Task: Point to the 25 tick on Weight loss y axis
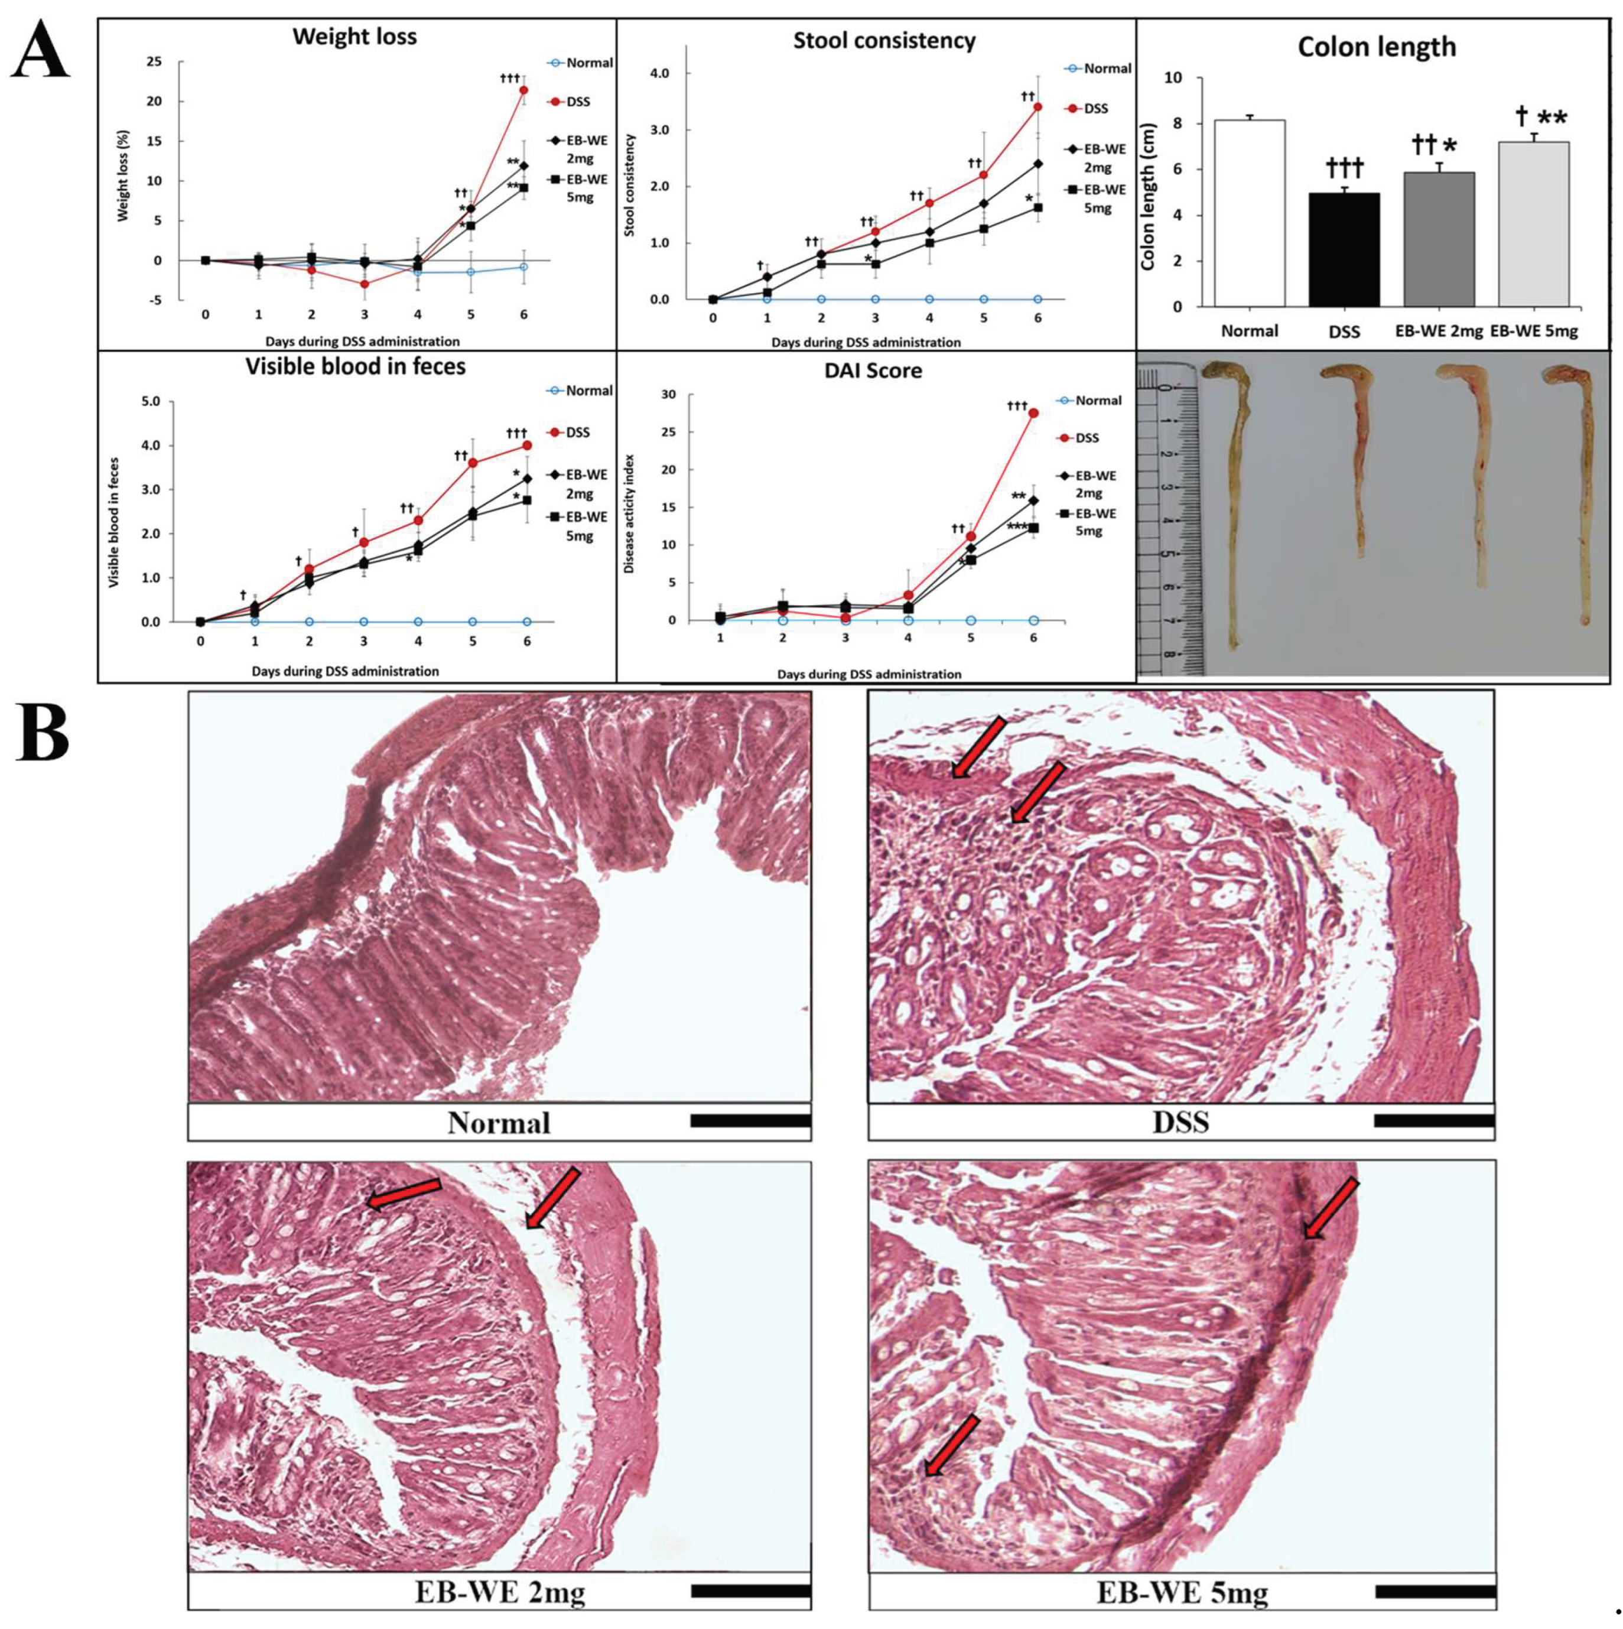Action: (154, 61)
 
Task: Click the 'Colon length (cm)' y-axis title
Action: (1147, 193)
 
